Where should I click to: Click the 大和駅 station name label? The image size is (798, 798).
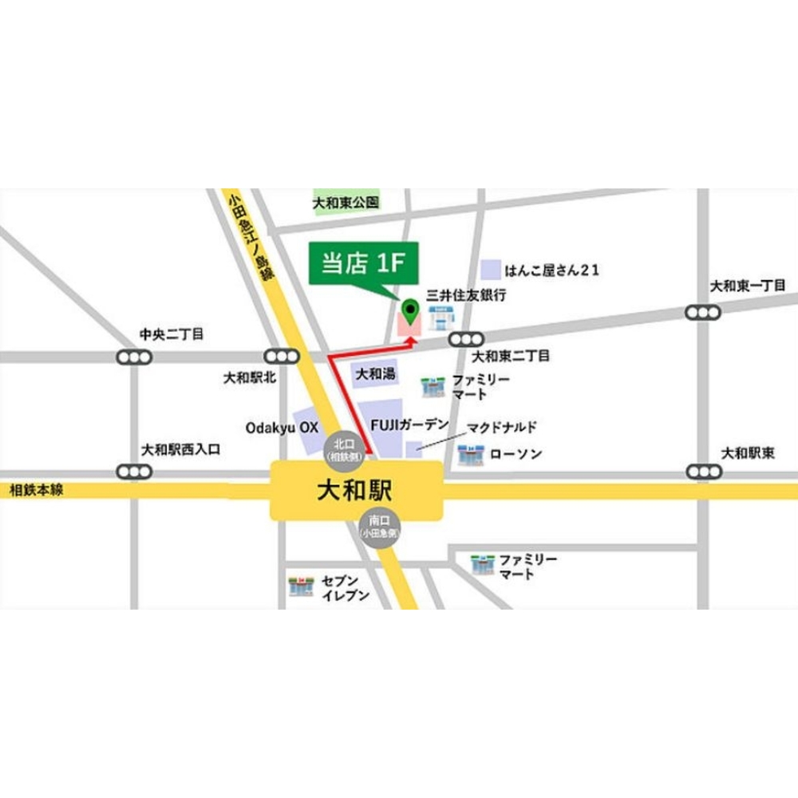[x=357, y=489]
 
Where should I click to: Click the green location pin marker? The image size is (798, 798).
[x=410, y=310]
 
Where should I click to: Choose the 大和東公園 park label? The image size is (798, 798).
[x=346, y=203]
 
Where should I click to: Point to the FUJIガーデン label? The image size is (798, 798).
[x=409, y=425]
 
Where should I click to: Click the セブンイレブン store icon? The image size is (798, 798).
[x=300, y=587]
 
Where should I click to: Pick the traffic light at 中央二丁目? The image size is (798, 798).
[x=133, y=357]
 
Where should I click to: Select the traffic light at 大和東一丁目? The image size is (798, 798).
[x=701, y=312]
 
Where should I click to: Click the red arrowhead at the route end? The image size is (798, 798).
[x=411, y=341]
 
